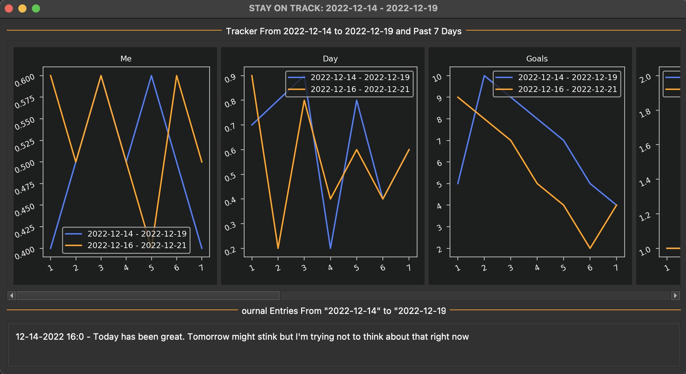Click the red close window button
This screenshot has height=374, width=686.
coord(9,8)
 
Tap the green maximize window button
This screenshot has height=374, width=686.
coord(36,8)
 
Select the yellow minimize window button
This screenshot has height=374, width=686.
coord(22,8)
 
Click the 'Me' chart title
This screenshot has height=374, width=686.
coord(126,59)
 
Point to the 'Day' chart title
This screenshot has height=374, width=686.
coord(330,59)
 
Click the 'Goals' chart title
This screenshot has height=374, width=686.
coord(537,59)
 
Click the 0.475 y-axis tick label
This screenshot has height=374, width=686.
coord(25,188)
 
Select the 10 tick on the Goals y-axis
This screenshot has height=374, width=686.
coord(437,78)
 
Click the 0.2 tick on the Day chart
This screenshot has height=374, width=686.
coord(230,251)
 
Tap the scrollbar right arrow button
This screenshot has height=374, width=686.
coord(675,296)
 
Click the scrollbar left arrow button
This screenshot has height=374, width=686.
coord(12,296)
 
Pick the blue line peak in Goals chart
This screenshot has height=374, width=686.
coord(484,76)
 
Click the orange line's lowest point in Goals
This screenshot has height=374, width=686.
coord(590,248)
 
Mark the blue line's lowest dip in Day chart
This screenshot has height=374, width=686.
coord(330,248)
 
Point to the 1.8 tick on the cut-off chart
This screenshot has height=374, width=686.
coord(645,113)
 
